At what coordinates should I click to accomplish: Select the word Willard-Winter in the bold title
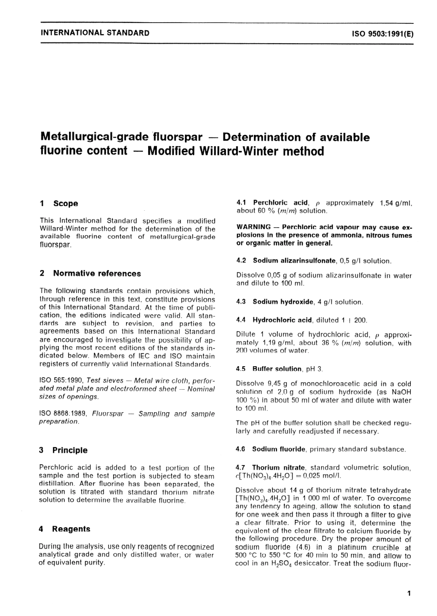tap(227, 151)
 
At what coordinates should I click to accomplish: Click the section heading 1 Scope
tap(59, 203)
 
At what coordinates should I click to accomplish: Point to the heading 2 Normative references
tap(91, 273)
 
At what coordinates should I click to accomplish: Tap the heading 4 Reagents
tap(65, 529)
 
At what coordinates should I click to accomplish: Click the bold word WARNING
tap(253, 227)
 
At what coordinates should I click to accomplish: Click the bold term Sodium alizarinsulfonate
tap(294, 260)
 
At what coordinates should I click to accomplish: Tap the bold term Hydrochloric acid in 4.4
tap(282, 320)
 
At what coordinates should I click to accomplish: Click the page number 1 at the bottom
tap(409, 593)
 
